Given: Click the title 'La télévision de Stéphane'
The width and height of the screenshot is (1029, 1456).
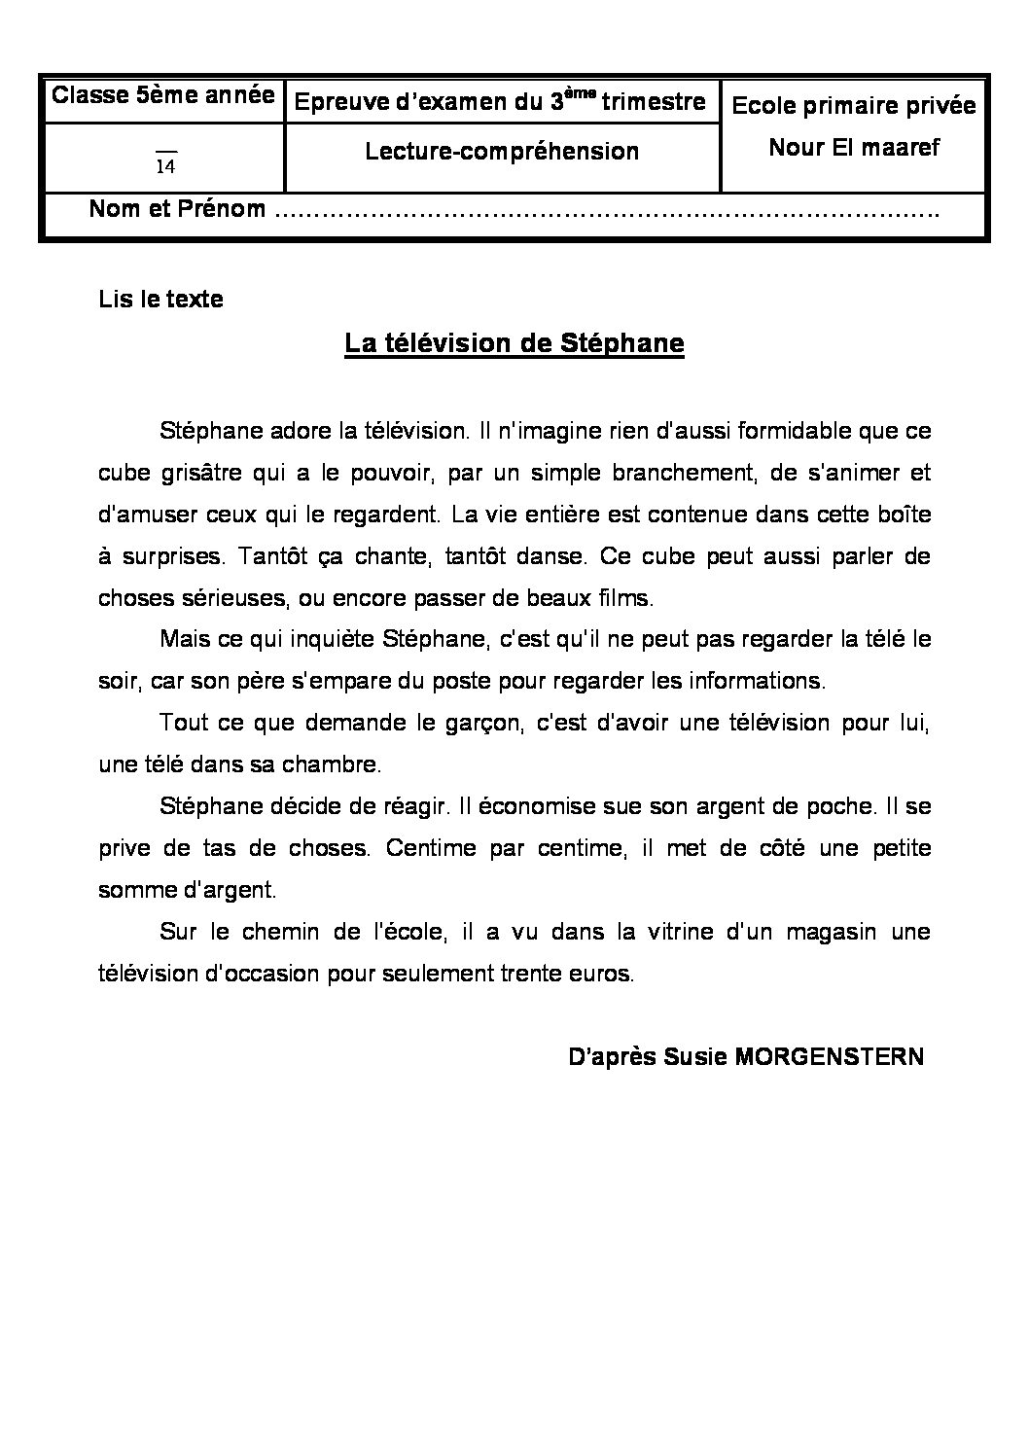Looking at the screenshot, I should point(514,344).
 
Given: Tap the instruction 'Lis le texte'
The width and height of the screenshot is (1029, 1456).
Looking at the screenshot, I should point(160,300).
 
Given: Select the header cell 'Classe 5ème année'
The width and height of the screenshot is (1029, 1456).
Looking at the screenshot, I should point(162,95).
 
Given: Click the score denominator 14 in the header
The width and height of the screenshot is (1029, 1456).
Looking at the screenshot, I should point(165,167).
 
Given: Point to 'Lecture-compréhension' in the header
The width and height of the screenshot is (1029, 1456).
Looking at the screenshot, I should point(502,151).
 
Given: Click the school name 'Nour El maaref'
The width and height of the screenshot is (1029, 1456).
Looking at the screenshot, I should point(854,148).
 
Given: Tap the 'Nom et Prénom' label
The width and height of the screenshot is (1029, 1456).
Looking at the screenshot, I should point(177,209).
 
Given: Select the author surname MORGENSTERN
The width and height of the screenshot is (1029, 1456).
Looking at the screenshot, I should point(830,1057).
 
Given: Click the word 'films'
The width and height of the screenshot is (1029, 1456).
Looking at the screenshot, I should point(627,597).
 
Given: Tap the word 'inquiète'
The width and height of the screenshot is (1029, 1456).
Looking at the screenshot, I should point(337,640).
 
